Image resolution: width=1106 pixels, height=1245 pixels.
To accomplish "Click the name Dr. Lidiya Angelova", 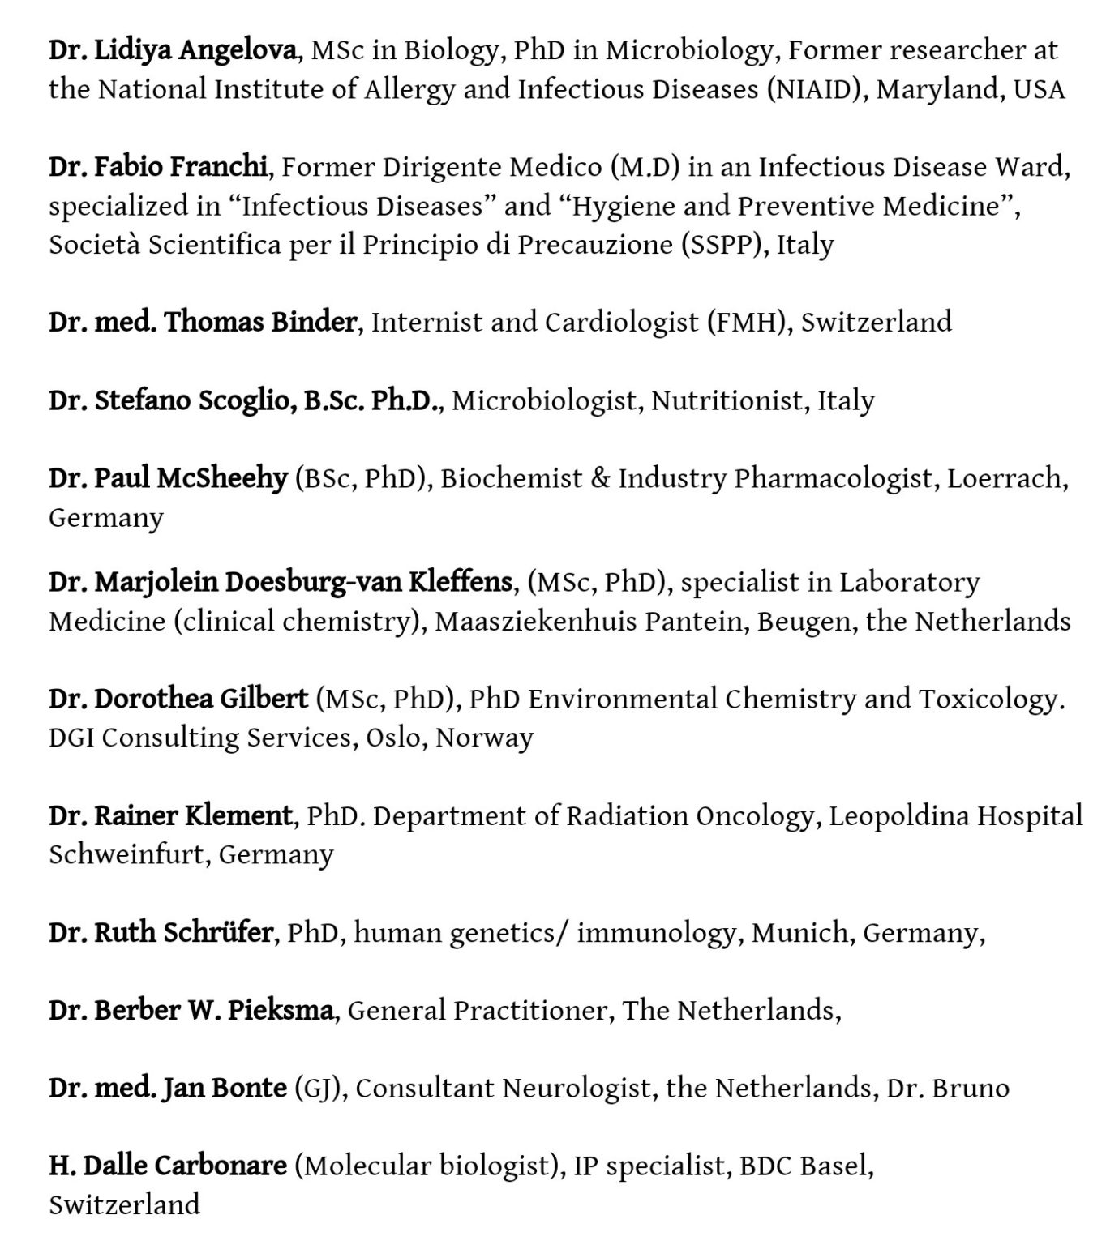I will [x=172, y=51].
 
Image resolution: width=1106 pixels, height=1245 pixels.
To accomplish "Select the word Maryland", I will [x=941, y=89].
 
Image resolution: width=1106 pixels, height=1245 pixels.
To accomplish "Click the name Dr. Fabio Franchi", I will [x=157, y=167].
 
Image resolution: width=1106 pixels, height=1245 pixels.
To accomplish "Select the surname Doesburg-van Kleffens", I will [x=368, y=582].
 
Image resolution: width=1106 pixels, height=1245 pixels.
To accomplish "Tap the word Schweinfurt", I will [x=126, y=855].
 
